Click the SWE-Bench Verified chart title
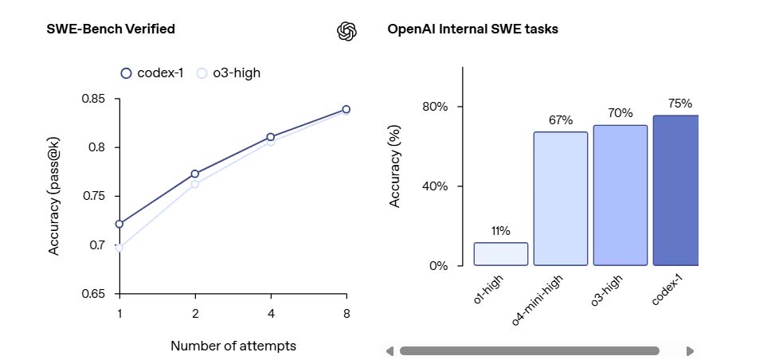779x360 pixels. (x=111, y=29)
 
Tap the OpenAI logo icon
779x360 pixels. (x=346, y=30)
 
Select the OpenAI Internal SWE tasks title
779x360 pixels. (x=472, y=29)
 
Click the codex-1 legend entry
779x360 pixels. (x=152, y=73)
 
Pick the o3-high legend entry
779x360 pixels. (x=229, y=73)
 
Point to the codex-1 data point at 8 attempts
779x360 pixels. (x=346, y=109)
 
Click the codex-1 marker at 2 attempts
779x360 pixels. (x=195, y=174)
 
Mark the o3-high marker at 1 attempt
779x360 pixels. (x=119, y=248)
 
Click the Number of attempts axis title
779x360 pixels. (x=233, y=346)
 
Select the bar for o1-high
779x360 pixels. (x=501, y=254)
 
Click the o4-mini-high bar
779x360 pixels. (x=561, y=198)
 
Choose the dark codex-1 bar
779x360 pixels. (x=675, y=190)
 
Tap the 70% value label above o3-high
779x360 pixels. (x=620, y=113)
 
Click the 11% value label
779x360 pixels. (x=501, y=231)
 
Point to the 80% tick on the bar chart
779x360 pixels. (x=439, y=107)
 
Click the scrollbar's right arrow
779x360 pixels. (x=690, y=350)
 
